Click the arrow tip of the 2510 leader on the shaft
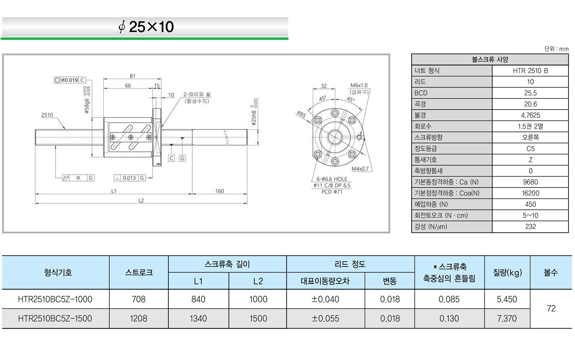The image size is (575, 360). (65, 129)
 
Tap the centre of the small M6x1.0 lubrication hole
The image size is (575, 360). (359, 137)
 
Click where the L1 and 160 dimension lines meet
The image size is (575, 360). (192, 194)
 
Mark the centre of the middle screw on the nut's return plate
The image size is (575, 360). (131, 137)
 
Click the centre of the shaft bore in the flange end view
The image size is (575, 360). (335, 137)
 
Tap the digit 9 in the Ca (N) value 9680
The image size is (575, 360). (525, 182)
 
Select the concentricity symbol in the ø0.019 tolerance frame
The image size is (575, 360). (57, 80)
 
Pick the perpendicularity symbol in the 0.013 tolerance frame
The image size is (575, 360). (117, 178)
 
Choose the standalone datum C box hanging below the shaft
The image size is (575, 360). (171, 158)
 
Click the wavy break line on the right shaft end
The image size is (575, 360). (226, 138)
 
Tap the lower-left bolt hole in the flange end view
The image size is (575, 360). (318, 154)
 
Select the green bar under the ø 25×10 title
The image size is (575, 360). (145, 39)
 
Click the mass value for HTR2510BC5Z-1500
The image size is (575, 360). (507, 319)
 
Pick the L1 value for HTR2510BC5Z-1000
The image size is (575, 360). (198, 299)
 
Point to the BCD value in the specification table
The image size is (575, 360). (530, 93)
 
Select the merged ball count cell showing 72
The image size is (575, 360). (551, 309)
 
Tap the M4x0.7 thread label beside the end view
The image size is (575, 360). (360, 169)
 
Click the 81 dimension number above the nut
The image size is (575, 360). (133, 76)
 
